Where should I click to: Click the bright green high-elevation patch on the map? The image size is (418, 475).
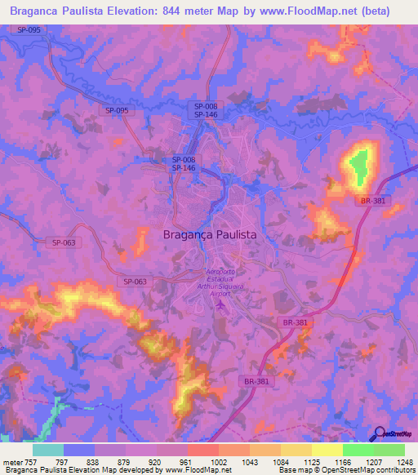[357, 167]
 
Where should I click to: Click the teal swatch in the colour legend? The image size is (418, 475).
[48, 450]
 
